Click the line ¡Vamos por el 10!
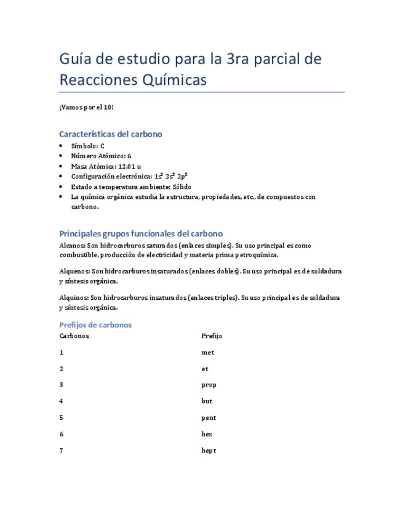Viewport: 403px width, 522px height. (87, 107)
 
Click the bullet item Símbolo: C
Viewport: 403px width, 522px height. (88, 146)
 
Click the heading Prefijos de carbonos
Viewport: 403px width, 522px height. (95, 324)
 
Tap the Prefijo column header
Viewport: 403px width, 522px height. (212, 336)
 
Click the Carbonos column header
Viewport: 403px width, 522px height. (74, 336)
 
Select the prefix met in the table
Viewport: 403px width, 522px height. (208, 353)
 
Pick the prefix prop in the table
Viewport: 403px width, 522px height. (209, 385)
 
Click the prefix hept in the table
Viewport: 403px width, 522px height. (209, 450)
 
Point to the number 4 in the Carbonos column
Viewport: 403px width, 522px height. (62, 401)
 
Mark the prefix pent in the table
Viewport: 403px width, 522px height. (209, 417)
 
